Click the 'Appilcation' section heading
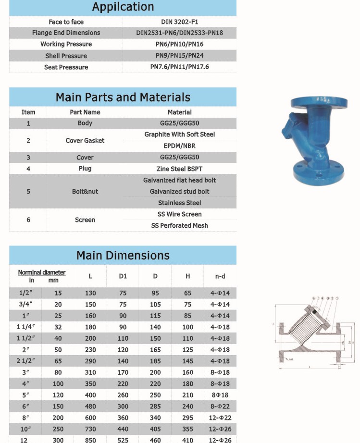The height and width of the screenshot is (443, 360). click(123, 7)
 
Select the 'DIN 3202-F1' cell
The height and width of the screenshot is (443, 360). click(179, 22)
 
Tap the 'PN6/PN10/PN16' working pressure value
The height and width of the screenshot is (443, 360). click(179, 44)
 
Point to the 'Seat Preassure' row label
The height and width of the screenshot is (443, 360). click(66, 67)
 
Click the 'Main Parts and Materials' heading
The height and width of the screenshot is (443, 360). click(123, 98)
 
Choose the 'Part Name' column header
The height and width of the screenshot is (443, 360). click(85, 112)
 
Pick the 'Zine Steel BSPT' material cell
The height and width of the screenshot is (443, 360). click(179, 169)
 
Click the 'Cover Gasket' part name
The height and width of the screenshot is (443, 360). click(85, 141)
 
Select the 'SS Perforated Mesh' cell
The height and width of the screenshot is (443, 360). click(179, 226)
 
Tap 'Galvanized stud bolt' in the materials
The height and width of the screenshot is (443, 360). click(179, 192)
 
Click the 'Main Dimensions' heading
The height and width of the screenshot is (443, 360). click(123, 256)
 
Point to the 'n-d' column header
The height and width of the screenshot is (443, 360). click(220, 276)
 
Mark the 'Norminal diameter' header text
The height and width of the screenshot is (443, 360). click(42, 272)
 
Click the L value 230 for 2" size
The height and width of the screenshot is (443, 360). click(90, 350)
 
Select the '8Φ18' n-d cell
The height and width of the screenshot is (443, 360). click(220, 395)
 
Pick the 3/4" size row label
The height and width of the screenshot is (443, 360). click(25, 305)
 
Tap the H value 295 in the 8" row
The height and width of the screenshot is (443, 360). click(187, 418)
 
